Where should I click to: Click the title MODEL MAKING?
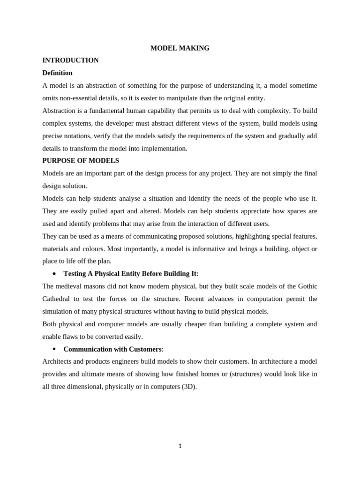(x=180, y=48)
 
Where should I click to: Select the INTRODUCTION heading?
(x=70, y=60)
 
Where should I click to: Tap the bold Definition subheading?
(x=57, y=73)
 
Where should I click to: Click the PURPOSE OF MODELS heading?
(x=81, y=160)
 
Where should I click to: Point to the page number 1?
(x=180, y=446)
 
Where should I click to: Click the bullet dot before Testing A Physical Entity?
(x=54, y=274)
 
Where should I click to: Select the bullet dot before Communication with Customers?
(x=54, y=349)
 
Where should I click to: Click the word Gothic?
(x=305, y=286)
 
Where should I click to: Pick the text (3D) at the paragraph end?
(x=189, y=386)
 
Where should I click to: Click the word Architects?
(x=58, y=361)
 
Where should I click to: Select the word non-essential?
(x=81, y=98)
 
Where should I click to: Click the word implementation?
(x=166, y=148)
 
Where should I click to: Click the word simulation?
(x=59, y=311)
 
